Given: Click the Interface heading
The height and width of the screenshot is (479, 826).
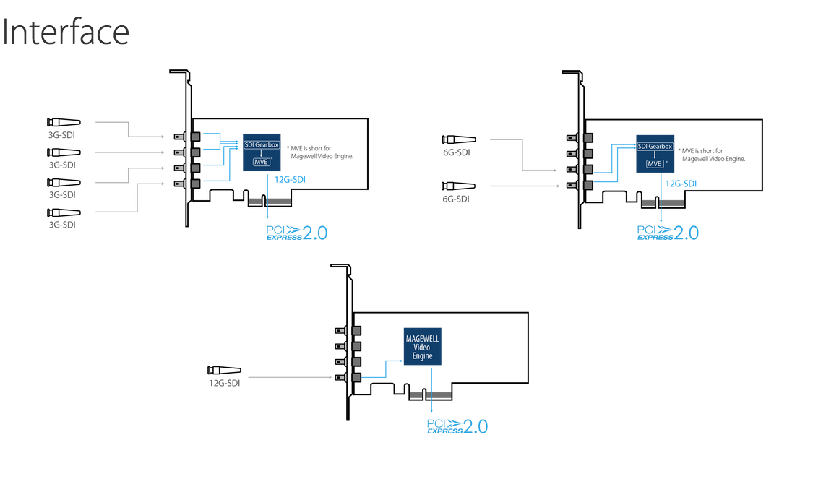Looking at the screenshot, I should point(66,32).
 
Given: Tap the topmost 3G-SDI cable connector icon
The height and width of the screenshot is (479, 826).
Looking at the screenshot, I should point(63,122).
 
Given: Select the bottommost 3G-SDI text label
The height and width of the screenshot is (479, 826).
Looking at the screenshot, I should point(62,225).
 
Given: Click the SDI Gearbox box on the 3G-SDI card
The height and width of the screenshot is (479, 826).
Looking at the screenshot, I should point(260,146).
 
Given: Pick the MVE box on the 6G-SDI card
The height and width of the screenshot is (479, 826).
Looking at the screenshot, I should point(654,163).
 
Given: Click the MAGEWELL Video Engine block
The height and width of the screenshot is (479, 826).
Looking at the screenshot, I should point(422,347).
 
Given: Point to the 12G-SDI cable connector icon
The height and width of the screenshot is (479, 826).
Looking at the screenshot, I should point(224,371).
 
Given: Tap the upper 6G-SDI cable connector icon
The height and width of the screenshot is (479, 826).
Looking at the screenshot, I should point(459,139).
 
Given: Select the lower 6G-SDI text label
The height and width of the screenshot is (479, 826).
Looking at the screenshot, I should point(455,199).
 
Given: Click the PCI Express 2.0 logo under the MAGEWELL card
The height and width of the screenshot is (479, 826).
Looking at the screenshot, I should point(457,426).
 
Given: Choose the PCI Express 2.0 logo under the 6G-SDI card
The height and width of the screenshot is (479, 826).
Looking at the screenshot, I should point(668,233).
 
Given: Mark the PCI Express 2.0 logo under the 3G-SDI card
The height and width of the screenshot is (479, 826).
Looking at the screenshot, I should point(297,233).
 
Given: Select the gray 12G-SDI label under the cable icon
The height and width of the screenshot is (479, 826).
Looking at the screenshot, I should point(224,383).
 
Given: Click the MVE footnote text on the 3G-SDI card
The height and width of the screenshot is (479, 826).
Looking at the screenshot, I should point(320,151).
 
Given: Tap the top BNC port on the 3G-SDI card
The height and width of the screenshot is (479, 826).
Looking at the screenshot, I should point(194,136).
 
